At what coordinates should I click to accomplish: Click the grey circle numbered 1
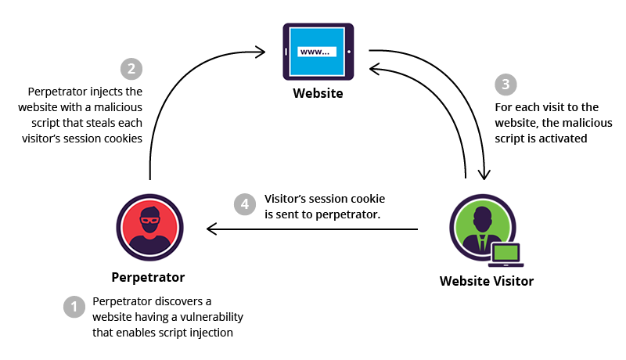(74, 307)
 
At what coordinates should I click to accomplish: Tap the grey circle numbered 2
(131, 68)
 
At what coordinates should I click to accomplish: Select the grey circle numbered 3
(505, 85)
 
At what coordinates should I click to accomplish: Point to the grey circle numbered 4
(245, 204)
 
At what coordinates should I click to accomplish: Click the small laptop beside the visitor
(506, 255)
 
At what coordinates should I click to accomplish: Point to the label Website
(318, 94)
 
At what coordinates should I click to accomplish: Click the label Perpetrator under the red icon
(148, 277)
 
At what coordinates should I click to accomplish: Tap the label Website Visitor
(486, 281)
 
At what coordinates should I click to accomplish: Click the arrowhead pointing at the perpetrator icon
(212, 229)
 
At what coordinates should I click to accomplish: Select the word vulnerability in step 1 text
(205, 316)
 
